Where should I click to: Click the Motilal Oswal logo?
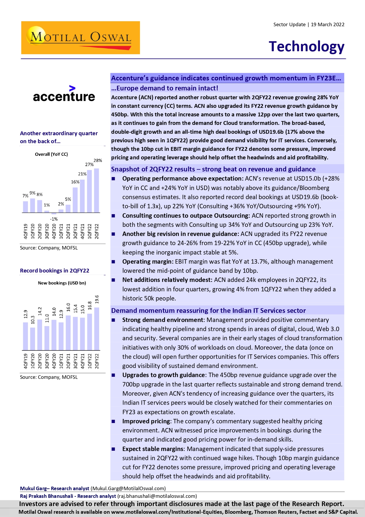(x=80, y=38)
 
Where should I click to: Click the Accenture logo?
(x=64, y=94)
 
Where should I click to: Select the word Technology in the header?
(x=306, y=47)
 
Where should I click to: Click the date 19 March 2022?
(x=327, y=24)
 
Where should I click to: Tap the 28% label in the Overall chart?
(x=98, y=161)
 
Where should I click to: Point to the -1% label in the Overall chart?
(x=54, y=219)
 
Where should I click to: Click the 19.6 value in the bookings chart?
(x=97, y=299)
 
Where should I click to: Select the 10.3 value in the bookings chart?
(x=33, y=320)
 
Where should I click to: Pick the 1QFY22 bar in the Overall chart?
(x=89, y=191)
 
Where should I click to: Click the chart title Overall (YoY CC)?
(x=51, y=154)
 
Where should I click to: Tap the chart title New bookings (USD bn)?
(x=62, y=283)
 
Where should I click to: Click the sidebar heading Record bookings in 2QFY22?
(x=54, y=270)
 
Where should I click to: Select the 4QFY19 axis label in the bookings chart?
(x=26, y=361)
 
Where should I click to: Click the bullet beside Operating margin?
(x=114, y=262)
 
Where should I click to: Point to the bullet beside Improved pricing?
(x=114, y=421)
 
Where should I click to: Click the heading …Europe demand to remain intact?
(x=164, y=88)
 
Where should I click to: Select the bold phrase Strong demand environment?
(x=163, y=320)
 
